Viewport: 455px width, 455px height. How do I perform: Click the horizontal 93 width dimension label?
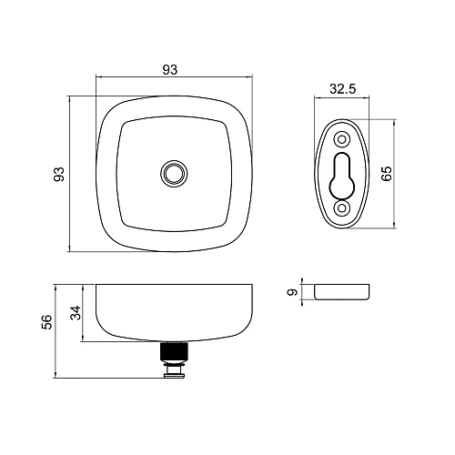[x=170, y=70]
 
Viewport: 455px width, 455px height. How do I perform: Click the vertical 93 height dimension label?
[x=59, y=174]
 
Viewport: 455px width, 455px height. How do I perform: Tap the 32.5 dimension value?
[x=342, y=89]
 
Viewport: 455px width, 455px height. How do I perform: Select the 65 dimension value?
[x=387, y=174]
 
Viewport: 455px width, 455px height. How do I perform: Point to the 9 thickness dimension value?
[x=292, y=292]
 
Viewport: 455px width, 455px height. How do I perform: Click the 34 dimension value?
[x=76, y=313]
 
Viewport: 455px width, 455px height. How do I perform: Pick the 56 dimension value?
[x=47, y=322]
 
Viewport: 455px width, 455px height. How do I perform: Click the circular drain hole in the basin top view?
[x=174, y=174]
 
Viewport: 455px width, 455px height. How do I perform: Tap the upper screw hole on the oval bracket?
[x=342, y=140]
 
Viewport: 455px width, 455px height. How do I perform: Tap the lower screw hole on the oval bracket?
[x=342, y=208]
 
